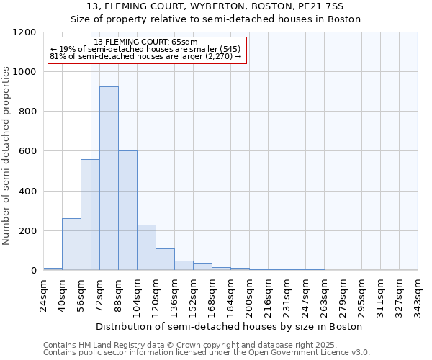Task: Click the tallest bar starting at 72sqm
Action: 109,179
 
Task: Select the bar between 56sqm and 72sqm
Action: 90,215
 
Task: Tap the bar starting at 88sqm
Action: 127,210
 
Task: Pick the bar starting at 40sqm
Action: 71,244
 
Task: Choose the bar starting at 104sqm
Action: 146,248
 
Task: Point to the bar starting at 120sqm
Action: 165,259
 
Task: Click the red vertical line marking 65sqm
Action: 91,144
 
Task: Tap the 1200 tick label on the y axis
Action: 24,32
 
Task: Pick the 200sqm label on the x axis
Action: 249,294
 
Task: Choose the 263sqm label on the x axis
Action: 324,294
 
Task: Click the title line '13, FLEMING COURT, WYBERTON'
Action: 216,6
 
